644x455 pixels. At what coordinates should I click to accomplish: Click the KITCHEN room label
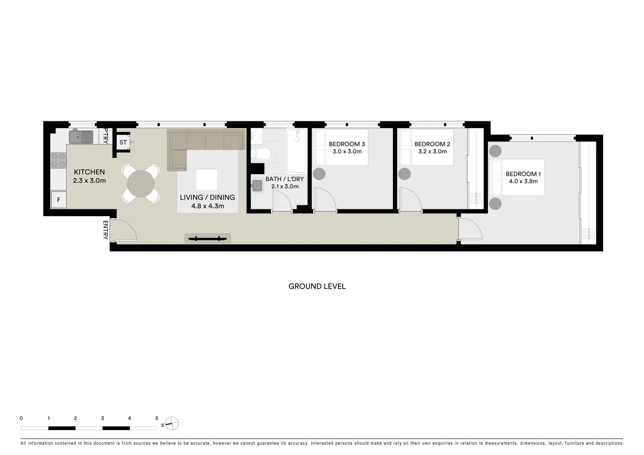[x=89, y=172]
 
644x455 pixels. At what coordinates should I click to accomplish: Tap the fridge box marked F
[x=59, y=200]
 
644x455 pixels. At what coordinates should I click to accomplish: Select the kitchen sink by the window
[x=81, y=137]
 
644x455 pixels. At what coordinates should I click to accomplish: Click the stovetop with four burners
[x=58, y=160]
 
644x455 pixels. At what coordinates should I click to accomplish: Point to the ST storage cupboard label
[x=123, y=142]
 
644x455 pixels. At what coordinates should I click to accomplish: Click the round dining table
[x=141, y=183]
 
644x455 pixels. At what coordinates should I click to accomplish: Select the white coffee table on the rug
[x=207, y=179]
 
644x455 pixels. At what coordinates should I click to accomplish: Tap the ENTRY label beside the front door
[x=105, y=230]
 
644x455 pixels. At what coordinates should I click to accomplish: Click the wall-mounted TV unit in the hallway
[x=207, y=238]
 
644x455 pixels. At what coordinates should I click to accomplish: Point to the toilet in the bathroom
[x=261, y=155]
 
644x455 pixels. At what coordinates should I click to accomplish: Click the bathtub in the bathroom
[x=298, y=151]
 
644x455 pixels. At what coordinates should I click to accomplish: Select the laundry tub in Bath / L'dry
[x=257, y=186]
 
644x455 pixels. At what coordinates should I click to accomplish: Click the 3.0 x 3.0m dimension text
[x=347, y=152]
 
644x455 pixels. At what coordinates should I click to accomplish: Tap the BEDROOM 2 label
[x=432, y=144]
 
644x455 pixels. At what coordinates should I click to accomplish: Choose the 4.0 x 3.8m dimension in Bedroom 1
[x=523, y=182]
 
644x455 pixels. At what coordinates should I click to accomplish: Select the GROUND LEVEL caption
[x=317, y=286]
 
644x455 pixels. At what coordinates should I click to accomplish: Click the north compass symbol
[x=172, y=423]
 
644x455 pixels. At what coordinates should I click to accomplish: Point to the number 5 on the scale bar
[x=157, y=418]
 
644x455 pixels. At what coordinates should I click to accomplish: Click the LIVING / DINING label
[x=207, y=197]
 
